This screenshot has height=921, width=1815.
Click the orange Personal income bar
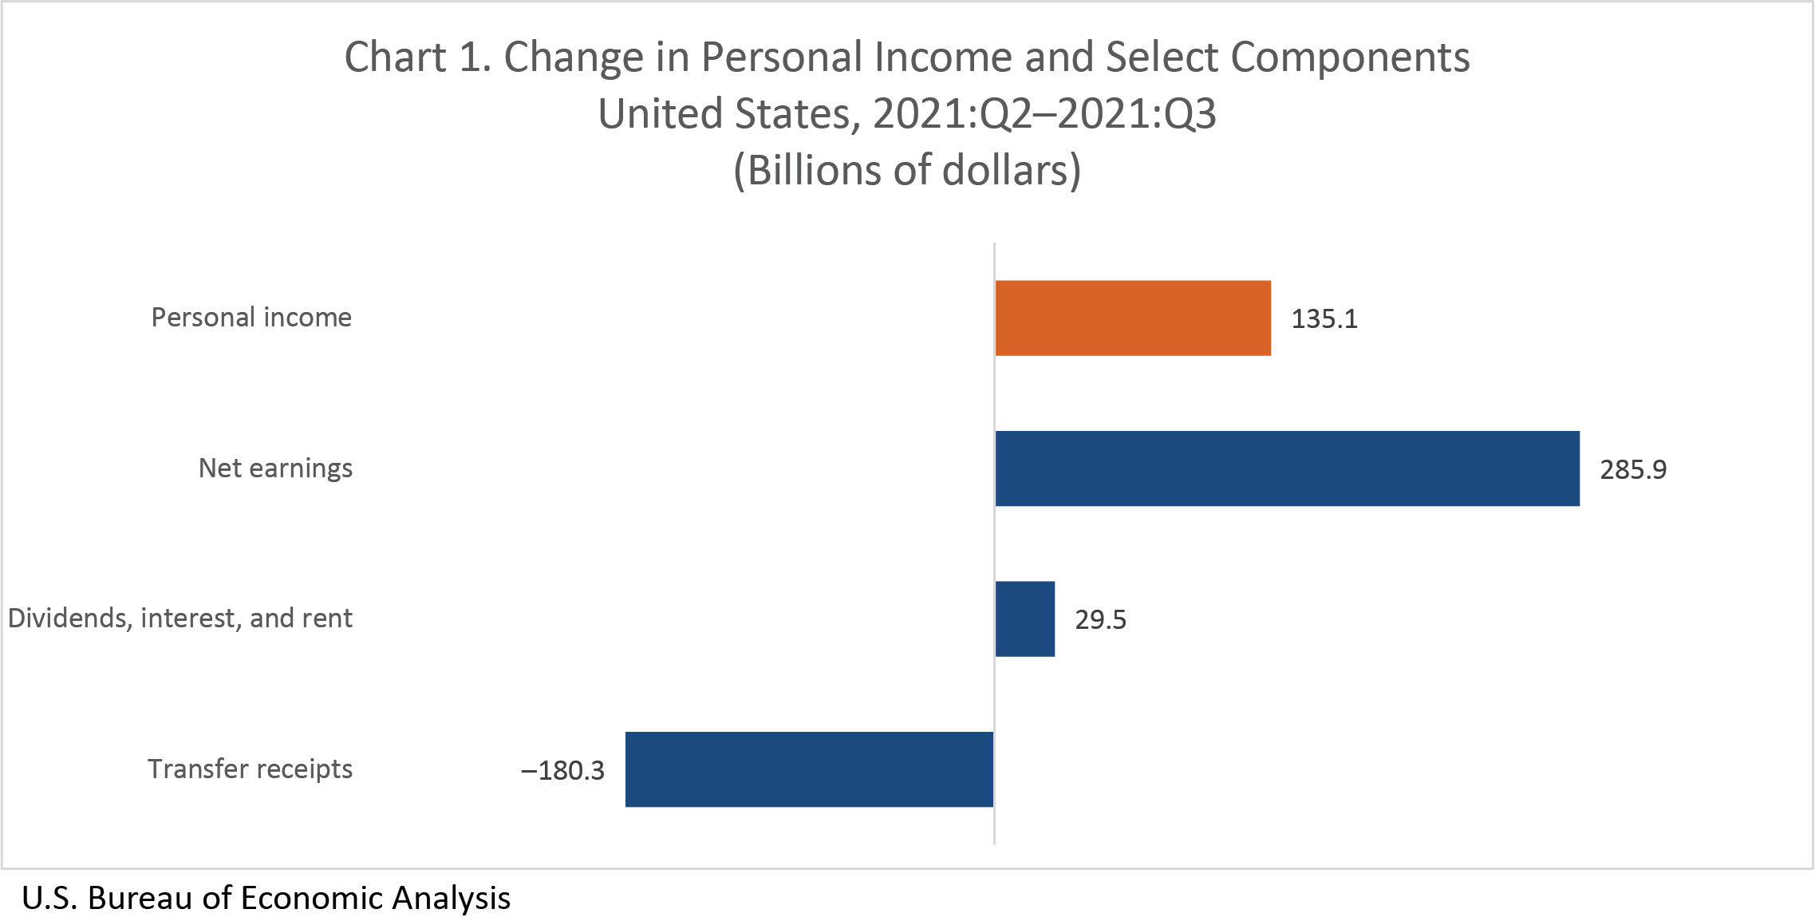[x=1133, y=318]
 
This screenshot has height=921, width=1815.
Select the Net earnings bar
[x=1287, y=468]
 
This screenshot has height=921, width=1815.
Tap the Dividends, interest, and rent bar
[x=1025, y=619]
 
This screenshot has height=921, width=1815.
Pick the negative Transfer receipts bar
[x=809, y=769]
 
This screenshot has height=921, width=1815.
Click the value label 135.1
[x=1324, y=319]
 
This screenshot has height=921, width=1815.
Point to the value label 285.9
[x=1633, y=469]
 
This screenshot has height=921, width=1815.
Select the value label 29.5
[x=1100, y=620]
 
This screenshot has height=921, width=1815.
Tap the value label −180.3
[x=562, y=771]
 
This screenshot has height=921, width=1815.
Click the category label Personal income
[x=251, y=318]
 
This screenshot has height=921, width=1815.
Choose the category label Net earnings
[x=275, y=468]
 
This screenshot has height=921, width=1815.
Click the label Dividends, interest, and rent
[x=180, y=619]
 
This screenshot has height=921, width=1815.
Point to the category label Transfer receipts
[x=250, y=769]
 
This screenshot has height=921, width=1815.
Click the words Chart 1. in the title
[x=417, y=57]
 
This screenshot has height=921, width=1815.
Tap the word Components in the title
[x=1350, y=57]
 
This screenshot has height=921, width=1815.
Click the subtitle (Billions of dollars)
[x=907, y=171]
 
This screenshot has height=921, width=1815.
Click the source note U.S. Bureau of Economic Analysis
[x=266, y=898]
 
